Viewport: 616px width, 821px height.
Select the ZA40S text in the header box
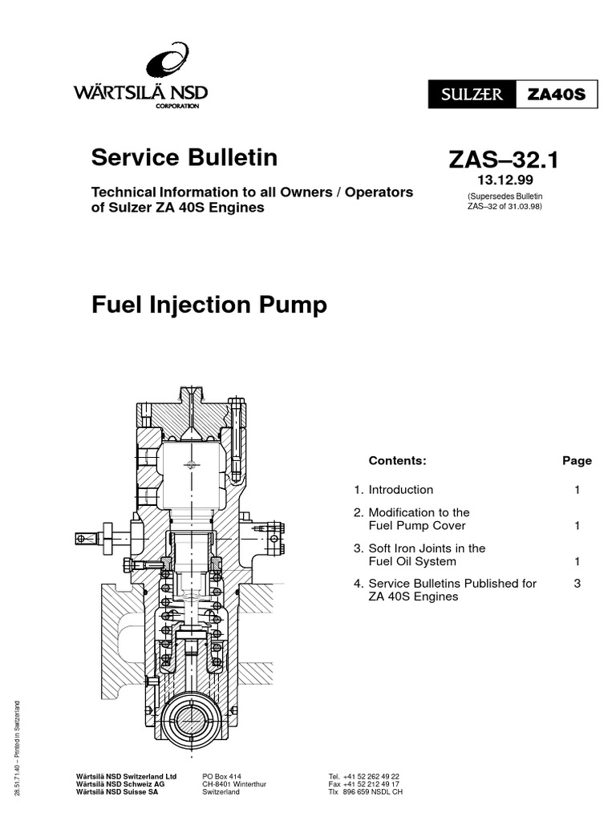pyautogui.click(x=556, y=95)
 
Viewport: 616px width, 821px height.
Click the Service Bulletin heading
pyautogui.click(x=184, y=157)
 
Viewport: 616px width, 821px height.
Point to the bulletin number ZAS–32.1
pyautogui.click(x=504, y=160)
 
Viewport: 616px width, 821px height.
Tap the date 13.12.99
pyautogui.click(x=505, y=180)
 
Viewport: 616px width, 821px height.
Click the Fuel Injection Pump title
pyautogui.click(x=209, y=305)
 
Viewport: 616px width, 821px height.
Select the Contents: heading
pyautogui.click(x=397, y=460)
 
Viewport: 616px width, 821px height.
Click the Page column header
pyautogui.click(x=577, y=460)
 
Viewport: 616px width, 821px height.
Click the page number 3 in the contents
pyautogui.click(x=577, y=584)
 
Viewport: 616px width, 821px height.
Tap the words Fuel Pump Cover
pyautogui.click(x=416, y=526)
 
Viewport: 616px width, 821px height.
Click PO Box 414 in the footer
pyautogui.click(x=222, y=777)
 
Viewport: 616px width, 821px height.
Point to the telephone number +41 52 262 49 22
pyautogui.click(x=371, y=777)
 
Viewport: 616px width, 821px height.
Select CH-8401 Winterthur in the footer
pyautogui.click(x=234, y=784)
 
